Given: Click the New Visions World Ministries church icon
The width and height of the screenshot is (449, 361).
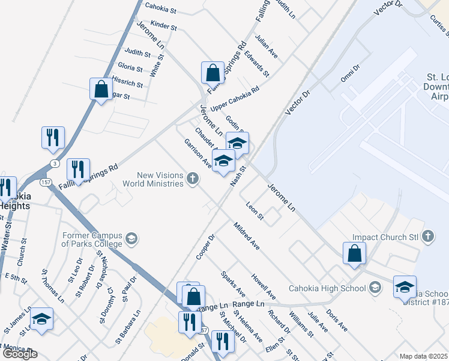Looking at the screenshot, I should coord(192,178).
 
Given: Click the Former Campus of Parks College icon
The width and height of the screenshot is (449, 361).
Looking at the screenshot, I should coord(131,240).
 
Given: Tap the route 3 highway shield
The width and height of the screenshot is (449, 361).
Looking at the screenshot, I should coord(55,163).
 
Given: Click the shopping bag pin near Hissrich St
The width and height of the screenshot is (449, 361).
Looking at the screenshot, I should coord(101,89).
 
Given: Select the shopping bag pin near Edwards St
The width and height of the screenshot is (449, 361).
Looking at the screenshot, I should coord(212,73).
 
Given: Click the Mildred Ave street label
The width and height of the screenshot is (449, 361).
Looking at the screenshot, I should coord(246,236).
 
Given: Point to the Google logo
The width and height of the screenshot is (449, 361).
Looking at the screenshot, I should coord(19,354).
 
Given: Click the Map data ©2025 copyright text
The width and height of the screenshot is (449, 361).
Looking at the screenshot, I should coord(423,356).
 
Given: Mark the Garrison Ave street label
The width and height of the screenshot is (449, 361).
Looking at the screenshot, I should coord(197,153).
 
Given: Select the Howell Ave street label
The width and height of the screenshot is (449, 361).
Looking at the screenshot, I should coord(264,287).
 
